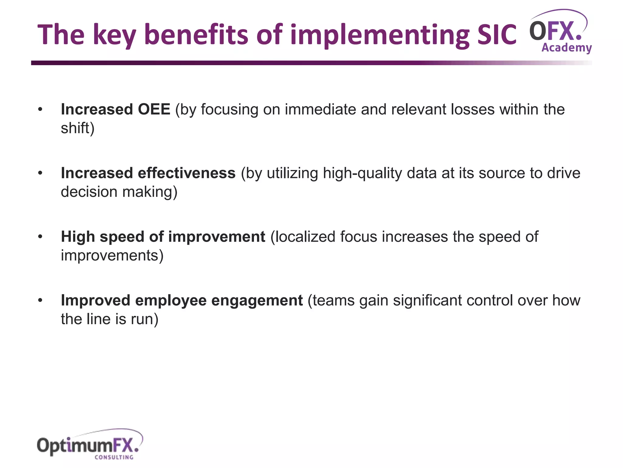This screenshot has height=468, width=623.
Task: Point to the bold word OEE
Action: click(x=154, y=109)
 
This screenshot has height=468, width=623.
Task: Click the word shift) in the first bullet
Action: click(x=78, y=128)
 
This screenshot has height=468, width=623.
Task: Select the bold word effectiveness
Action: click(x=186, y=173)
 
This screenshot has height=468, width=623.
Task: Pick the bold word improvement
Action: click(x=217, y=237)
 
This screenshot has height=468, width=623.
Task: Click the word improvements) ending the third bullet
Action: click(x=112, y=256)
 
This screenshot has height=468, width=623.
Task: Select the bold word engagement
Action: click(x=257, y=300)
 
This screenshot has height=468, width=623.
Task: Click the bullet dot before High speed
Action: click(x=40, y=237)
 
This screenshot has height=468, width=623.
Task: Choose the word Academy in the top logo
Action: click(x=566, y=48)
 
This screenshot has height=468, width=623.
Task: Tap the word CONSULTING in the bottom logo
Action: click(x=114, y=457)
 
